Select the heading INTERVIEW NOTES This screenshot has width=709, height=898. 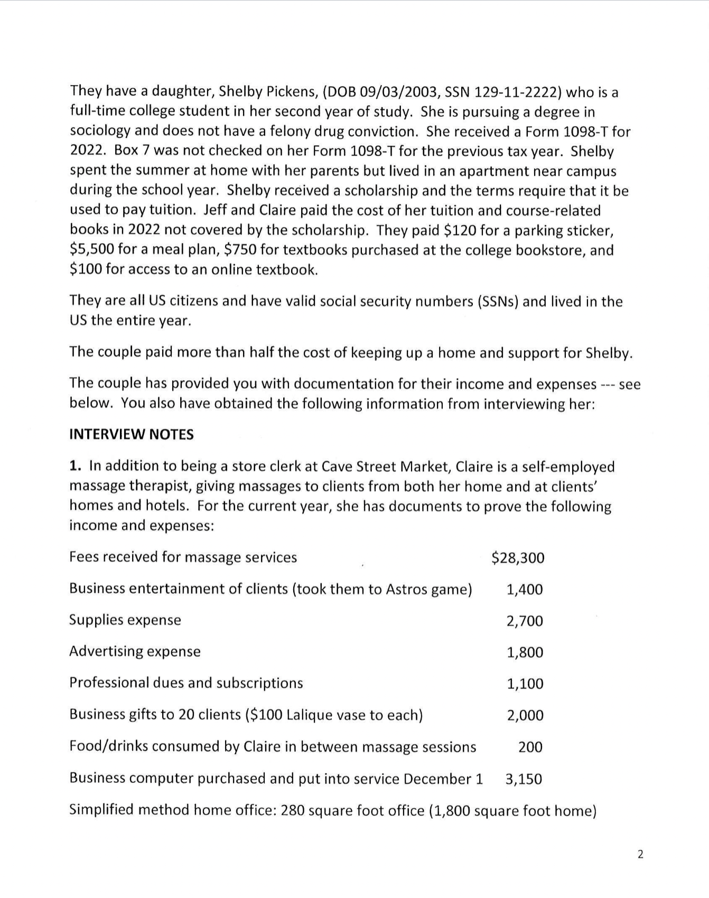132,435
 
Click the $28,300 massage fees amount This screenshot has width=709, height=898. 518,558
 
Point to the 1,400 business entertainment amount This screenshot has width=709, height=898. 525,590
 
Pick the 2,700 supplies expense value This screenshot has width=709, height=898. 525,621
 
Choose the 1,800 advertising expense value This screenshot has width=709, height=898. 525,652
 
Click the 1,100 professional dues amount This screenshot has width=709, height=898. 525,684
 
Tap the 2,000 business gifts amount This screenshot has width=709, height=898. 525,716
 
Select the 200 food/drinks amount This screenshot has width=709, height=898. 530,747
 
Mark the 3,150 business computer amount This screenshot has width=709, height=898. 524,779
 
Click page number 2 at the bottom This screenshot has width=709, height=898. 640,855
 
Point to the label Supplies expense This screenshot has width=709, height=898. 125,620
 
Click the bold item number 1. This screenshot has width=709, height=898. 76,466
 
